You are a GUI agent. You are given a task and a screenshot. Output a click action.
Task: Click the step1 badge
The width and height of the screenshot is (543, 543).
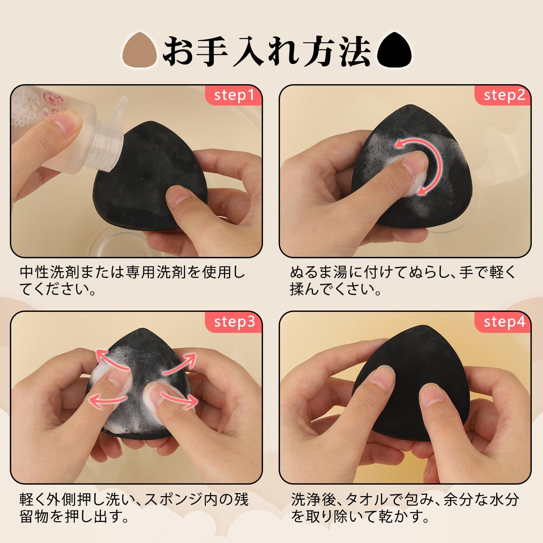tap(234, 96)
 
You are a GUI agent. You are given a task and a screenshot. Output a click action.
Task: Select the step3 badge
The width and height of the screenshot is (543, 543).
tap(234, 322)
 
